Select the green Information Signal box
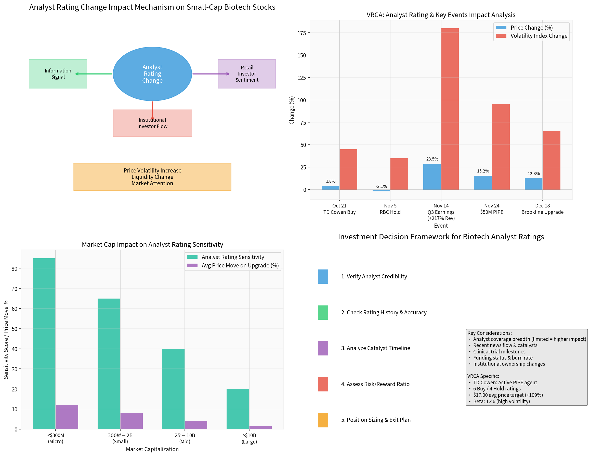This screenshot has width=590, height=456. point(58,74)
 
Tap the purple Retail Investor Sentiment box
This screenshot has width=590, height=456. point(247,74)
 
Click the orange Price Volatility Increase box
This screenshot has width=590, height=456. point(152,177)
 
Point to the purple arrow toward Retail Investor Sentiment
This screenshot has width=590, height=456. point(211,74)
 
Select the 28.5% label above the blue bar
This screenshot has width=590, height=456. point(432,159)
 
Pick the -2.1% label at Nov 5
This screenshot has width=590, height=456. point(381,186)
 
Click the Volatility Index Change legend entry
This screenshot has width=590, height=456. point(539,36)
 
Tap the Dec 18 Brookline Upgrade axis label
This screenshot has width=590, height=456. point(542,209)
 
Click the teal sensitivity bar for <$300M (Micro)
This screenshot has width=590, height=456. point(44,343)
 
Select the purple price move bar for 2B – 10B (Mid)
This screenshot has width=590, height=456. point(196,425)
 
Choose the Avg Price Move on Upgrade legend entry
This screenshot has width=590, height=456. point(240,265)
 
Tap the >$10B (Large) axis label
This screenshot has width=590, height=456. point(249,438)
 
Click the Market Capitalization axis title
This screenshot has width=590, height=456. point(152,449)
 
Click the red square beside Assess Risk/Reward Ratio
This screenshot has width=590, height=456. point(323,384)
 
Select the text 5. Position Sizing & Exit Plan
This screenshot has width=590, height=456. point(375,420)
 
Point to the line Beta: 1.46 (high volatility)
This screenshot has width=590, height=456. point(501,401)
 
